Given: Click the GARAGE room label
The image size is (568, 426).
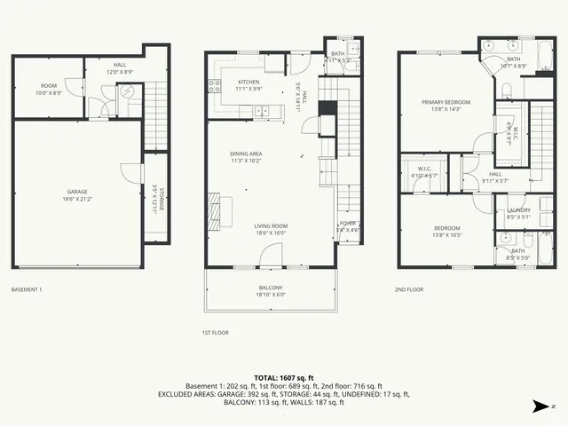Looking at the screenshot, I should coord(77,191).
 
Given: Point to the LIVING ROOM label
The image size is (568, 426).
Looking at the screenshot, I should coord(271,226).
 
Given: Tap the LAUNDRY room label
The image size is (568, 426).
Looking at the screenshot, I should coord(519,210).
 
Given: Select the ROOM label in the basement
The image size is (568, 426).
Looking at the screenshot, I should coord(48,86).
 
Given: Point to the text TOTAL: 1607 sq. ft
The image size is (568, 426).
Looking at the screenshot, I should coord(283,377).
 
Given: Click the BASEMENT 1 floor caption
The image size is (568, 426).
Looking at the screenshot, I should coord(27,289).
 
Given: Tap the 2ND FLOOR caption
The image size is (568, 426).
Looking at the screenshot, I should coord(409,289).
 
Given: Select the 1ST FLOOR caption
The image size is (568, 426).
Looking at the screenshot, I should coord(216,333).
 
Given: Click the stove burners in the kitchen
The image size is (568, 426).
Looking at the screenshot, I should coord(214,86).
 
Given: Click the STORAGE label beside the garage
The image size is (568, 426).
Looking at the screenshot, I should coord(155,195).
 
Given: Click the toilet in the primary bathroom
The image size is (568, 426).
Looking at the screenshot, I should coord(507,90).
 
